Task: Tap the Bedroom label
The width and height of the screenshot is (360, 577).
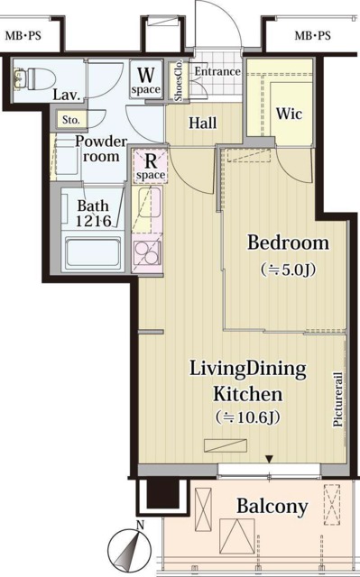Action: (x=288, y=243)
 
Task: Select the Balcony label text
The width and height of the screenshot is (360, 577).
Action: (x=272, y=507)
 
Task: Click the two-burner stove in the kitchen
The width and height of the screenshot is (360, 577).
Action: (x=147, y=252)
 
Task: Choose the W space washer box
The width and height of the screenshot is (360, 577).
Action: (x=146, y=79)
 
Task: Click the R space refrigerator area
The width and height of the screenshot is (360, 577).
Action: (x=150, y=166)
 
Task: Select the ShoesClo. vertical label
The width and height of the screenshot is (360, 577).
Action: (x=179, y=81)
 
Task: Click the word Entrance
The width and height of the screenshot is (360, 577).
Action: (x=217, y=71)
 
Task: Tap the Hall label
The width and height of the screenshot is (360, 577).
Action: (x=202, y=123)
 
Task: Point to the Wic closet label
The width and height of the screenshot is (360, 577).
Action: (x=289, y=114)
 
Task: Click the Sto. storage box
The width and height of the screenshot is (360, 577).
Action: (x=71, y=120)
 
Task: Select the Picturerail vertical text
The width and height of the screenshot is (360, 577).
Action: (x=338, y=399)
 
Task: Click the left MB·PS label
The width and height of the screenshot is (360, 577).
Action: (x=23, y=36)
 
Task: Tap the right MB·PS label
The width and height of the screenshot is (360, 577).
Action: (x=312, y=36)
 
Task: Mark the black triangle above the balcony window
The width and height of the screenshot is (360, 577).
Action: (x=270, y=459)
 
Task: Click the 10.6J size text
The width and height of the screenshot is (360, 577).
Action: (x=247, y=417)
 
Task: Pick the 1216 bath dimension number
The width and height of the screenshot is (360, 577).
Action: (x=94, y=220)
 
